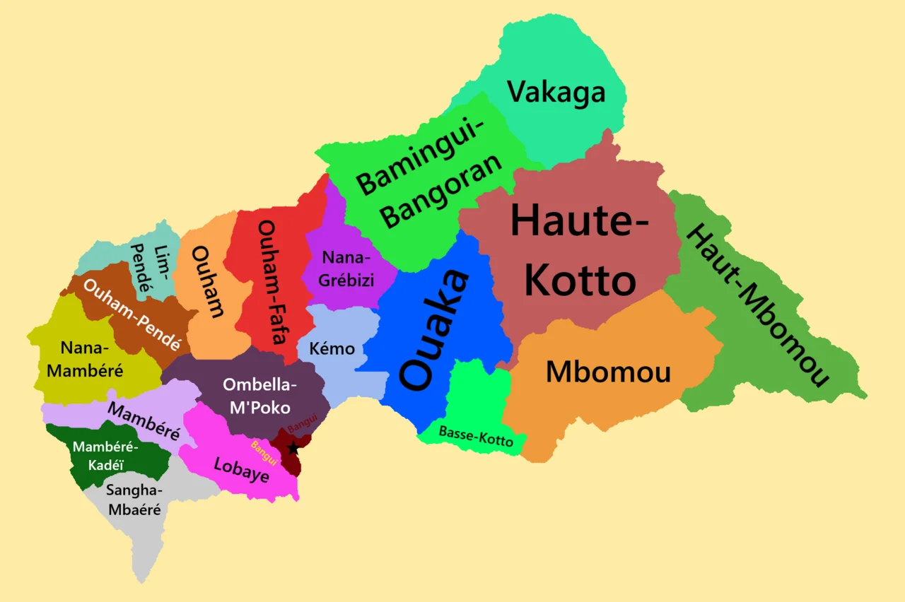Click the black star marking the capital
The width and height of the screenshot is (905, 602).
click(x=293, y=448)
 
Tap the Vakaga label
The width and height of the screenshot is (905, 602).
click(x=556, y=92)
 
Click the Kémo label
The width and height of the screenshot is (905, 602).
click(x=332, y=348)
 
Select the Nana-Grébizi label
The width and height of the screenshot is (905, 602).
click(x=346, y=268)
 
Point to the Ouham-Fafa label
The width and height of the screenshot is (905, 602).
click(x=272, y=291)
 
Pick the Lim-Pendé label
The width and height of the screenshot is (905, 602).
click(x=151, y=268)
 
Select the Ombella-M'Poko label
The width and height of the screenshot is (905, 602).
click(x=260, y=396)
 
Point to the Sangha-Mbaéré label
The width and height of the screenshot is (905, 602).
click(x=134, y=500)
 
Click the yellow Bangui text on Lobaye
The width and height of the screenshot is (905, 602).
click(x=264, y=453)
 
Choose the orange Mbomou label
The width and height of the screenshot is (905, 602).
click(x=608, y=372)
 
